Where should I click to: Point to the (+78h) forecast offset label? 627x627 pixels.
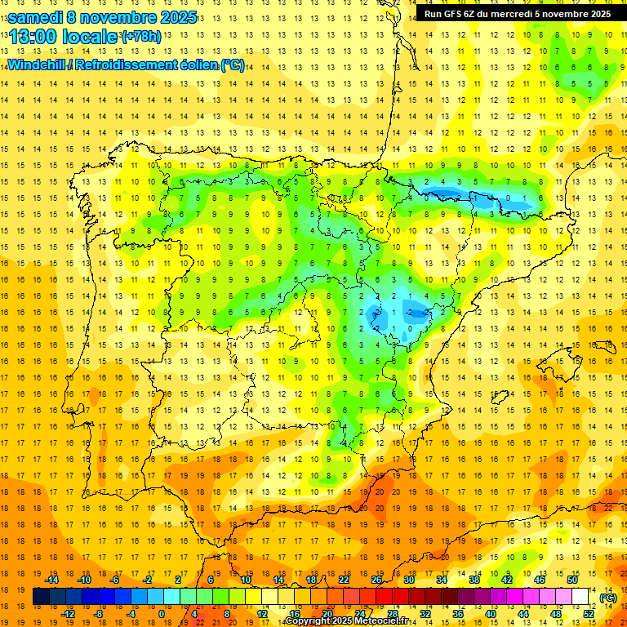[x=141, y=37]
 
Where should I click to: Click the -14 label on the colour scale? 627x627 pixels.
[x=51, y=580]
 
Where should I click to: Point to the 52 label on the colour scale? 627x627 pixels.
[x=589, y=613]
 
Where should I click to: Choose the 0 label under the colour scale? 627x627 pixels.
[x=161, y=613]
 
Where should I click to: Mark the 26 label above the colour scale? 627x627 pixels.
[x=376, y=580]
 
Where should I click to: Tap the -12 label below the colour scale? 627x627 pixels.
[x=68, y=613]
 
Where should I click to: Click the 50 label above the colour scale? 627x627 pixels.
[x=572, y=580]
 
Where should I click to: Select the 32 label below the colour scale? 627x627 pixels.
[x=425, y=613]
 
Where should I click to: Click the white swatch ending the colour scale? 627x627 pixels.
[x=580, y=597]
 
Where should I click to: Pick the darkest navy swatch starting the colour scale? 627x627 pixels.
[x=41, y=597]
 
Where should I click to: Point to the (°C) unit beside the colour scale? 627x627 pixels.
[x=608, y=597]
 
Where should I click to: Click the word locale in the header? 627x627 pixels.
[x=93, y=37]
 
